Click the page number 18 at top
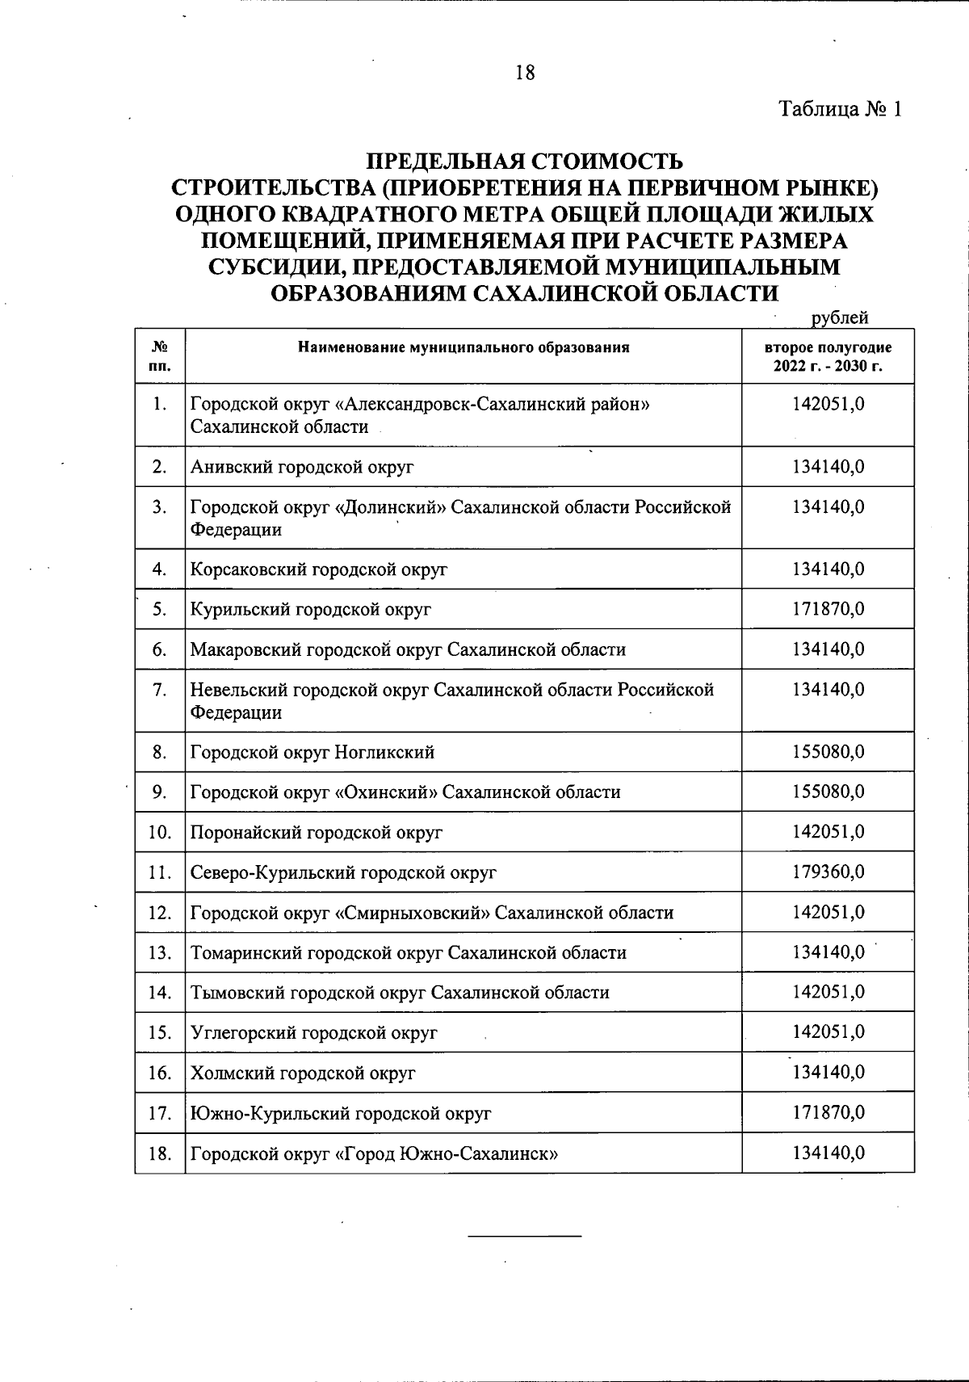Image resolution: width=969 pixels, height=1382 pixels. click(524, 74)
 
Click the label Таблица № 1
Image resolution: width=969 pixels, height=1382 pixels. click(839, 109)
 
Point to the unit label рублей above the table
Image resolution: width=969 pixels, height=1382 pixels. click(840, 317)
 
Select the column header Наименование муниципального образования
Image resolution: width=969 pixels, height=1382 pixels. click(463, 348)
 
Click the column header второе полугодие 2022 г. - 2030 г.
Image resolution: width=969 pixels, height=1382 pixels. click(828, 356)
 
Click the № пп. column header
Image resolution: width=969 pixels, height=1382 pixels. click(160, 356)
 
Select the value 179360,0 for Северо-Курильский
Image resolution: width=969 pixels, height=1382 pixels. click(828, 872)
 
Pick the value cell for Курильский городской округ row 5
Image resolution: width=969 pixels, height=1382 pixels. click(828, 609)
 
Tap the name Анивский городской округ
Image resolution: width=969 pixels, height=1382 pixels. click(302, 467)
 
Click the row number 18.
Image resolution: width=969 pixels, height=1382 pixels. click(160, 1153)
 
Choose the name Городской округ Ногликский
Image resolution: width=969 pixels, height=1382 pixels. click(313, 753)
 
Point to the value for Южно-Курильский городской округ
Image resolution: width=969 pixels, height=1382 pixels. click(828, 1113)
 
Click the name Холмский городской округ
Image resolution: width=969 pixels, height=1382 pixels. click(303, 1073)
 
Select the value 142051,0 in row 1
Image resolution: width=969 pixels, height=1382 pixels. click(828, 404)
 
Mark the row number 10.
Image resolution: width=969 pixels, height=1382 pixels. click(160, 832)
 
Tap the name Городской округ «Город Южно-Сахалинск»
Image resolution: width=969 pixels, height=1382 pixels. click(375, 1153)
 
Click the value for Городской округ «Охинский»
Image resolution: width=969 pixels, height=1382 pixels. click(828, 792)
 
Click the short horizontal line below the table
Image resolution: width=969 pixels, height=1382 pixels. click(525, 1237)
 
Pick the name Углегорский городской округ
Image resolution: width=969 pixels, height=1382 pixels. click(314, 1033)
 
